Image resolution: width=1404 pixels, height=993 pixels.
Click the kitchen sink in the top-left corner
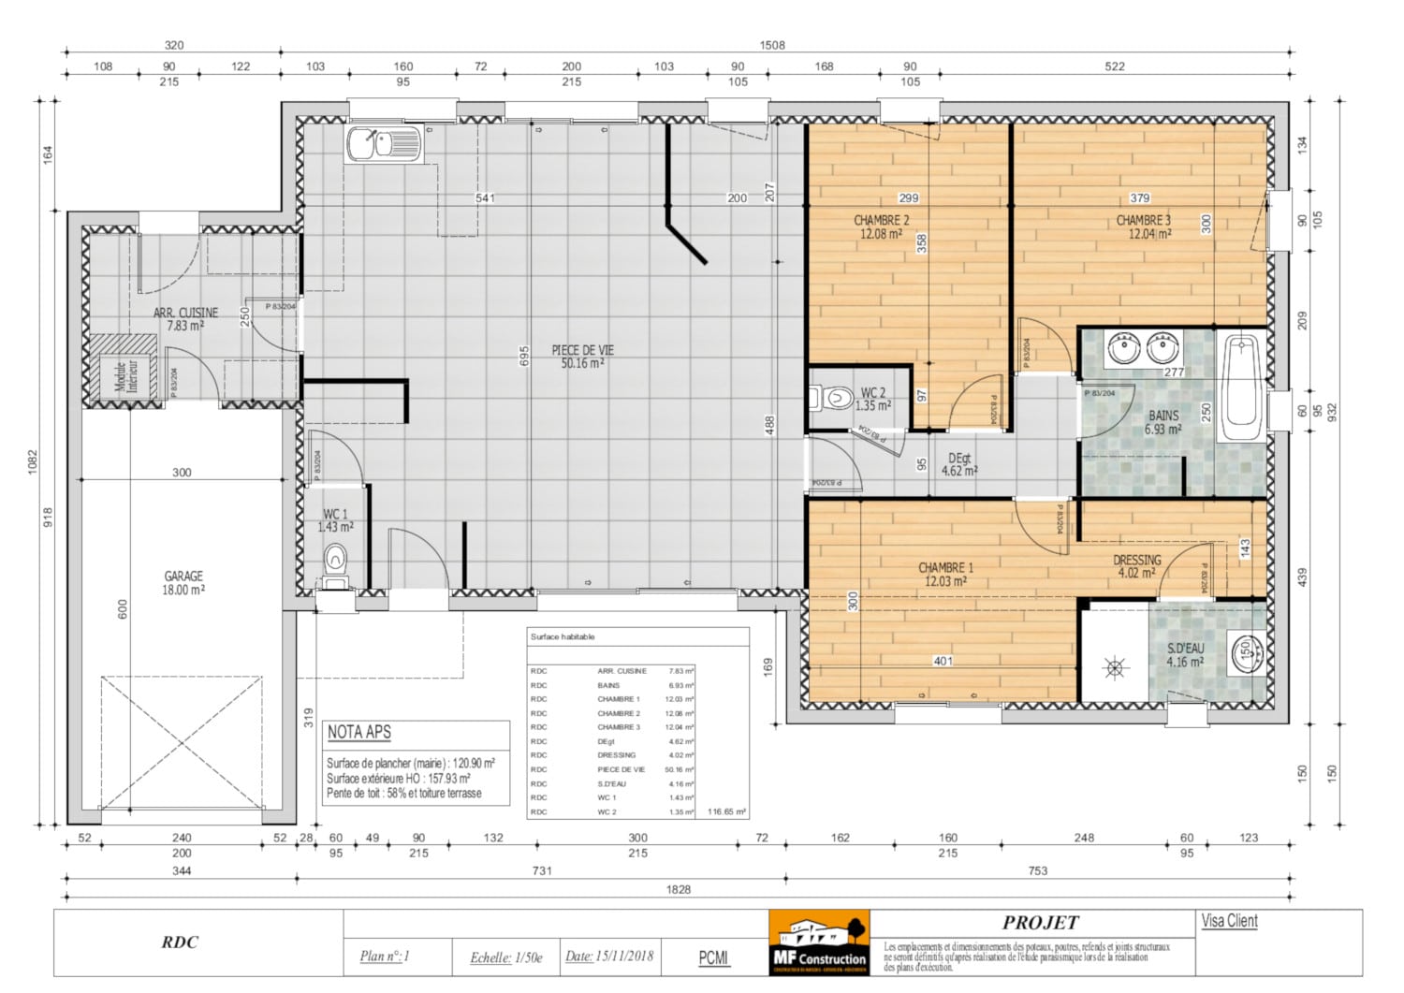(384, 145)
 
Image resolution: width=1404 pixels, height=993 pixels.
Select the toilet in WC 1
(334, 565)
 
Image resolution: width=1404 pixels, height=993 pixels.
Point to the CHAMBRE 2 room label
(881, 226)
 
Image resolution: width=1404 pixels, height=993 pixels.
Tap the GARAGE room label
(183, 582)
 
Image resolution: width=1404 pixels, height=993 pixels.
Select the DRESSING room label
(1136, 566)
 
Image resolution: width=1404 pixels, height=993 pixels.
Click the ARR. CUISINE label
(185, 318)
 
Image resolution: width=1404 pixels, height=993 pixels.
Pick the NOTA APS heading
(359, 732)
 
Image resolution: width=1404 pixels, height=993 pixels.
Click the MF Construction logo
(819, 942)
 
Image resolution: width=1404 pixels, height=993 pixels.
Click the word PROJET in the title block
(1040, 923)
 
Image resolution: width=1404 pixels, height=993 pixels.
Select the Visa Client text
(1229, 921)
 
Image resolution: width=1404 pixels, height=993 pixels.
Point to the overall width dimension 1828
(679, 889)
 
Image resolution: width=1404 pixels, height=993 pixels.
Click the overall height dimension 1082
(33, 462)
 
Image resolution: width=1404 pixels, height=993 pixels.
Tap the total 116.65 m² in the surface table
(726, 811)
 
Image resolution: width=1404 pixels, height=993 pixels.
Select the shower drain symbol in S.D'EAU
(1114, 667)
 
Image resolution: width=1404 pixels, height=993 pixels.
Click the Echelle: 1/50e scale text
(505, 956)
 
